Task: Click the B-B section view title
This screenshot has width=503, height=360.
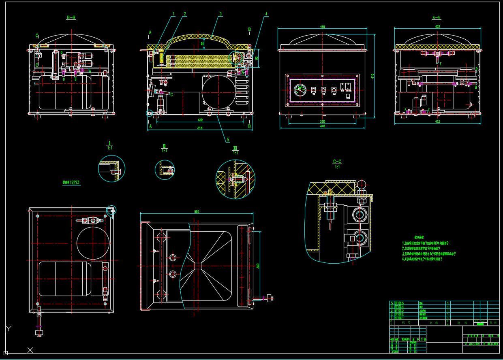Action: click(71, 17)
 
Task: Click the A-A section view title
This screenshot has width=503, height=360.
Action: click(437, 17)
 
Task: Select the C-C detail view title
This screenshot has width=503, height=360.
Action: click(337, 162)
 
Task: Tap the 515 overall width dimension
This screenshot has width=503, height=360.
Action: click(200, 128)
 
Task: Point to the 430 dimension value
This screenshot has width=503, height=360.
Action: click(200, 120)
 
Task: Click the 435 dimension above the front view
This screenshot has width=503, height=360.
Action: click(322, 27)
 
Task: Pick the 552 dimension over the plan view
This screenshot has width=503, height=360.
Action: click(197, 211)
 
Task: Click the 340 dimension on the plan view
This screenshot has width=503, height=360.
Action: click(258, 265)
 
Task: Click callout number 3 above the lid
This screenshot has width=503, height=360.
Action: click(220, 14)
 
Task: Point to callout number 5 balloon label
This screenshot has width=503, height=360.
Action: click(228, 140)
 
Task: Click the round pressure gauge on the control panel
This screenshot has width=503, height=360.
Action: click(300, 89)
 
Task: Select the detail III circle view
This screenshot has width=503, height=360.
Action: click(235, 179)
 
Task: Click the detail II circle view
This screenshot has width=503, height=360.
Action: click(165, 170)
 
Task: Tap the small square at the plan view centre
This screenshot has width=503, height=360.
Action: click(197, 266)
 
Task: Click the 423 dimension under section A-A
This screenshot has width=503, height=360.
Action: click(437, 121)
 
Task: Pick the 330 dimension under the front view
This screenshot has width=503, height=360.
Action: click(323, 121)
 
